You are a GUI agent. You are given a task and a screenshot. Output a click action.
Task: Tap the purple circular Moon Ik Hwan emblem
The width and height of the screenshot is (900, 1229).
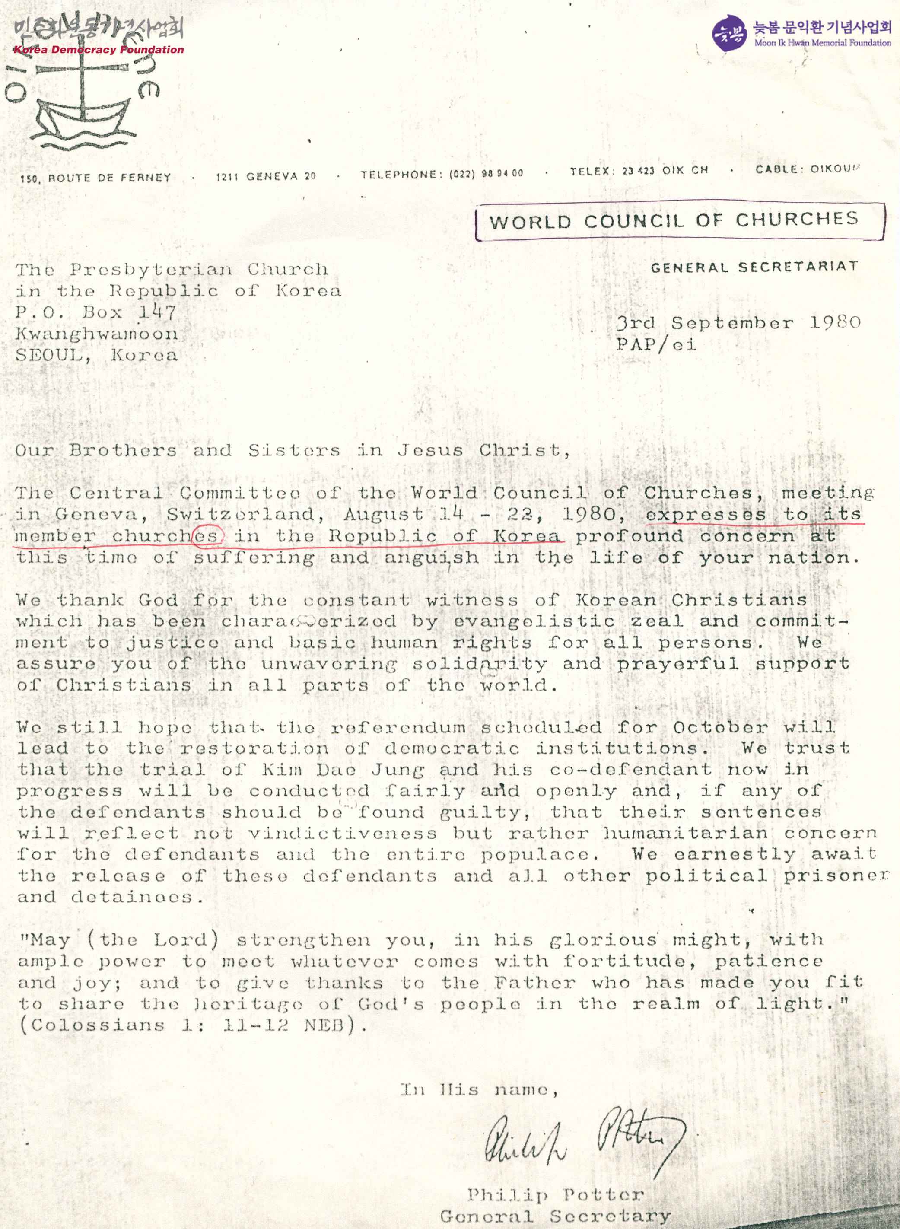click(728, 33)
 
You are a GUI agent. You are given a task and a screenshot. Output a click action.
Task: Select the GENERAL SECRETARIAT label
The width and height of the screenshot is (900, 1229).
click(754, 267)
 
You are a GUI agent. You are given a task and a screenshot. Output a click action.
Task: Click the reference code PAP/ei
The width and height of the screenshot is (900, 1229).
click(656, 344)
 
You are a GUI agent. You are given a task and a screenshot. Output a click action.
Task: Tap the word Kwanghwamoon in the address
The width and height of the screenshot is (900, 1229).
click(96, 334)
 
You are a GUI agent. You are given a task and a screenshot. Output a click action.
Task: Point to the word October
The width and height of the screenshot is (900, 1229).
click(720, 727)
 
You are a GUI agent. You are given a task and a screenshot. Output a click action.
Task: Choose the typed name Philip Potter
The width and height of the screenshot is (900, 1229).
click(555, 1195)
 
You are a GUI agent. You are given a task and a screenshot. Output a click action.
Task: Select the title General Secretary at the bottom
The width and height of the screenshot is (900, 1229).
click(555, 1216)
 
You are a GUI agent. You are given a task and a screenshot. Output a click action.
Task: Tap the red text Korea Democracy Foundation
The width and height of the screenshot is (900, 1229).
click(99, 50)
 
